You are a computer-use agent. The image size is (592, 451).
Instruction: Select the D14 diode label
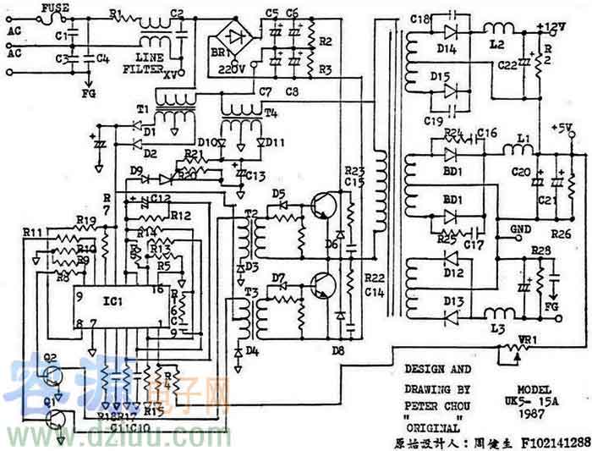pos(447,49)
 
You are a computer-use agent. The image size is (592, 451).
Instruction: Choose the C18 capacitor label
pos(419,19)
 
